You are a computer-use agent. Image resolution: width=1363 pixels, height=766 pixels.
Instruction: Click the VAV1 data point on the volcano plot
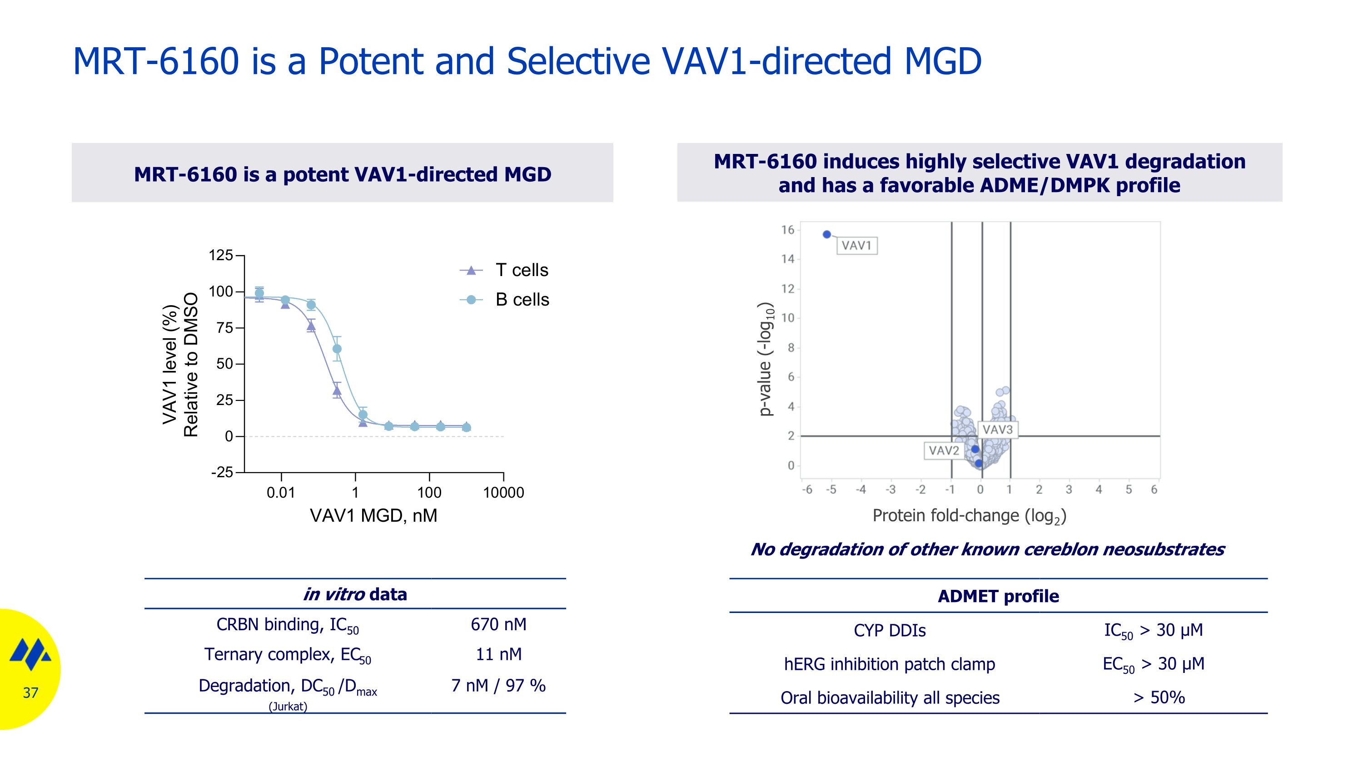[827, 235]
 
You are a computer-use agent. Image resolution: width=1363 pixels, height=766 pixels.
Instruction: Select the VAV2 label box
[943, 451]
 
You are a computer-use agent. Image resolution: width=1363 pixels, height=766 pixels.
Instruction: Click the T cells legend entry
[521, 270]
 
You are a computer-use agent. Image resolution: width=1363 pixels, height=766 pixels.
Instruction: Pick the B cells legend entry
[522, 300]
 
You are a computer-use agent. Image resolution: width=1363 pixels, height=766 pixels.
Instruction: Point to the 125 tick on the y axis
[221, 256]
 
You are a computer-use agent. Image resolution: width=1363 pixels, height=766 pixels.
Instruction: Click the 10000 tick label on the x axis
[503, 493]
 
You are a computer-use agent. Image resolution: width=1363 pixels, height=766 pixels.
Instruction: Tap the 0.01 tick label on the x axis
[280, 493]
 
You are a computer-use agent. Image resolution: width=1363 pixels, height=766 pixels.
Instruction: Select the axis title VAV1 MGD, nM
[373, 515]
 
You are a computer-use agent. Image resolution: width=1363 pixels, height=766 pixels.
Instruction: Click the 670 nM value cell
[498, 624]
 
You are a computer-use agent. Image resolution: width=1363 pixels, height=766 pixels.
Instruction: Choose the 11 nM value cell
[498, 654]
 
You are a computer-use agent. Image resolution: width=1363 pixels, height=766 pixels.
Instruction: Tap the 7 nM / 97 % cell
[498, 686]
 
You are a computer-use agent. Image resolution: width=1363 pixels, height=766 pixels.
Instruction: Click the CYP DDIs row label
[890, 631]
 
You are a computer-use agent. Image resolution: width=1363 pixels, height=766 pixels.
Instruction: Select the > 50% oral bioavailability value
[1159, 698]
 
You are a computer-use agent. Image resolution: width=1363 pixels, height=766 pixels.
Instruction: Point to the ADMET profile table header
[998, 596]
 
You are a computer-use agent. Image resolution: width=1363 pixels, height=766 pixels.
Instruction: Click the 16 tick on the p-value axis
[788, 230]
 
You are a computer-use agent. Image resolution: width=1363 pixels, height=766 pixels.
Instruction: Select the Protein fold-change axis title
[969, 516]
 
